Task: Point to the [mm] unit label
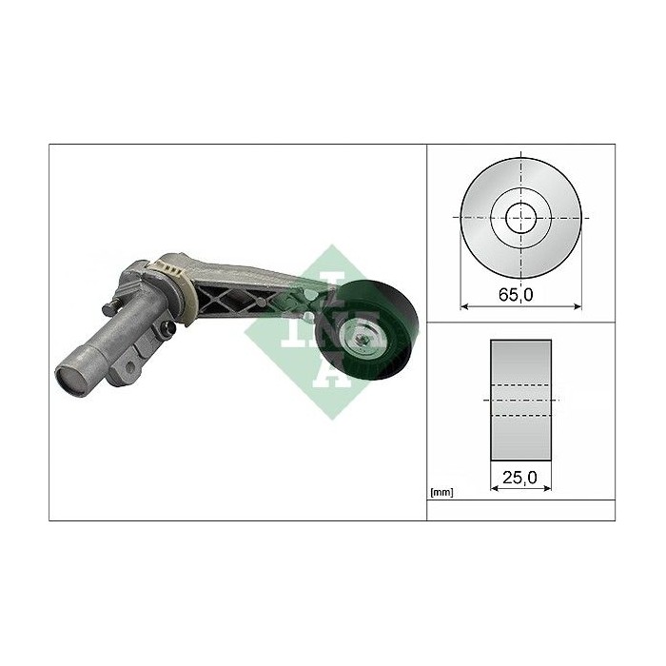pyautogui.click(x=441, y=492)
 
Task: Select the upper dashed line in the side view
pyautogui.click(x=519, y=384)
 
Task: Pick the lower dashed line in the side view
pyautogui.click(x=519, y=416)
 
